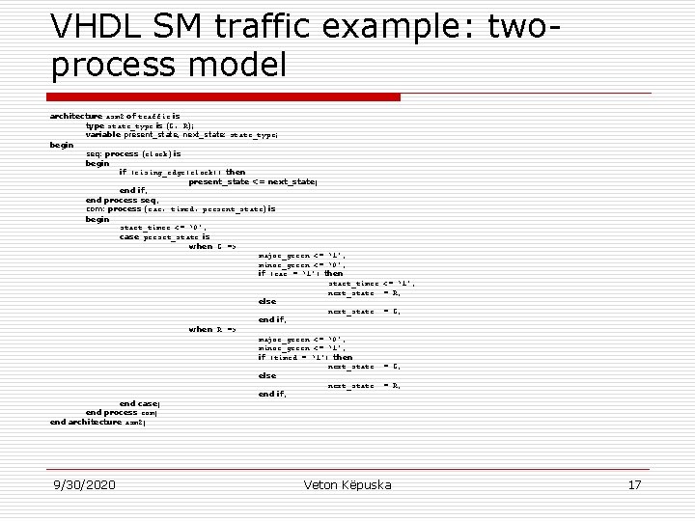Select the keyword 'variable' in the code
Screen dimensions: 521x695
[103, 135]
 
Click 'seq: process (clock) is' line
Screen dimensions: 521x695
[133, 153]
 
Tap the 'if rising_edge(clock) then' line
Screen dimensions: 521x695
[181, 172]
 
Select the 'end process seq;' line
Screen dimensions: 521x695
[121, 200]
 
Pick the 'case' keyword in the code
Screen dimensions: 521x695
[129, 236]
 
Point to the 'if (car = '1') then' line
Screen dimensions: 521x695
[300, 273]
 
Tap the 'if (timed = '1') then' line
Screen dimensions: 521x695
[305, 357]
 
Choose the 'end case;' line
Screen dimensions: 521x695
[139, 403]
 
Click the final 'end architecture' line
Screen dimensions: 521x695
[97, 422]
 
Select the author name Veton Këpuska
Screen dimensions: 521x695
[347, 484]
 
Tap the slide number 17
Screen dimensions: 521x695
[634, 484]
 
